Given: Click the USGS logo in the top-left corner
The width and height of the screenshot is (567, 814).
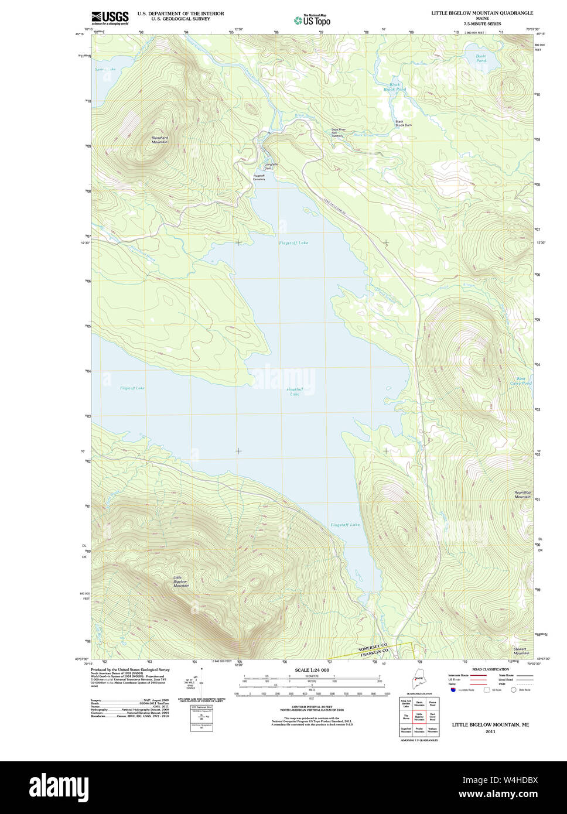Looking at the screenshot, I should pyautogui.click(x=110, y=18).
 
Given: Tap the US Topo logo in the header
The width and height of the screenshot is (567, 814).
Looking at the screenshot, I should pyautogui.click(x=312, y=20).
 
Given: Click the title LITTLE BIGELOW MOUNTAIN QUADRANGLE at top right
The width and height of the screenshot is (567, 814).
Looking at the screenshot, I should pyautogui.click(x=482, y=13).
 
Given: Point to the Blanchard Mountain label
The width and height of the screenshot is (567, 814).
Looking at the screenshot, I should pyautogui.click(x=159, y=140).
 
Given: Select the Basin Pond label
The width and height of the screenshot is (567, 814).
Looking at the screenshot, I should pyautogui.click(x=481, y=59).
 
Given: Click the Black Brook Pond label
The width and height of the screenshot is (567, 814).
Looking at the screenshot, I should pyautogui.click(x=395, y=87).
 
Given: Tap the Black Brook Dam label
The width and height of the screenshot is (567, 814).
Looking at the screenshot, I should pyautogui.click(x=403, y=124).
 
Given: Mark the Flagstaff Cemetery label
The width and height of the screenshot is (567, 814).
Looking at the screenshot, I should pyautogui.click(x=259, y=177).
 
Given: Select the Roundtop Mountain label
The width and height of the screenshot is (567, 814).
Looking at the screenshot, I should pyautogui.click(x=522, y=495).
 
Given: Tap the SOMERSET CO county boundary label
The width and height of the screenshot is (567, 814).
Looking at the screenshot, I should pyautogui.click(x=373, y=646).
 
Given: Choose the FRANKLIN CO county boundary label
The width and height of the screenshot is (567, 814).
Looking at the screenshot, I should pyautogui.click(x=375, y=653).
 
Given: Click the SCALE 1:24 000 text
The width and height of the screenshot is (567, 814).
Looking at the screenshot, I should pyautogui.click(x=312, y=670).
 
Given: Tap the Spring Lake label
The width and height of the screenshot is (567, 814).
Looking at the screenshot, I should pyautogui.click(x=106, y=70).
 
